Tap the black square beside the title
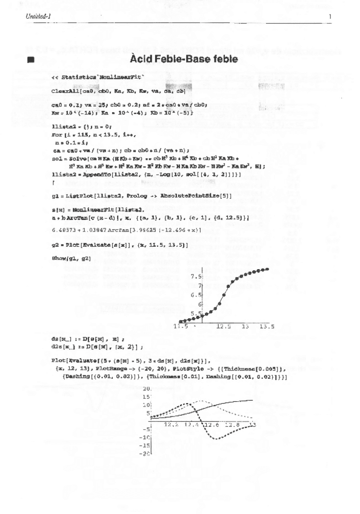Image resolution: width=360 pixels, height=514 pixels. [x=30, y=61]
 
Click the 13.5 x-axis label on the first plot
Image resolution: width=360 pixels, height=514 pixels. [x=267, y=326]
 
